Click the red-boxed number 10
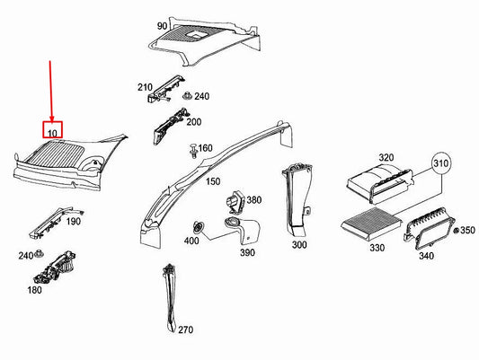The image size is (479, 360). [53, 132]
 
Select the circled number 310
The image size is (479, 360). [441, 166]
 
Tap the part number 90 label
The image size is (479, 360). [162, 26]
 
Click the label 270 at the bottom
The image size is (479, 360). [185, 330]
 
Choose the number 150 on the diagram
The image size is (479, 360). [212, 182]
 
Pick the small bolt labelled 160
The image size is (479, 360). [192, 148]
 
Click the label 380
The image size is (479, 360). [253, 200]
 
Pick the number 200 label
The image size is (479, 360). [193, 121]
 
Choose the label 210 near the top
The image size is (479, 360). [145, 87]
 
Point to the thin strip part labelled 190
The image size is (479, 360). [53, 218]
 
